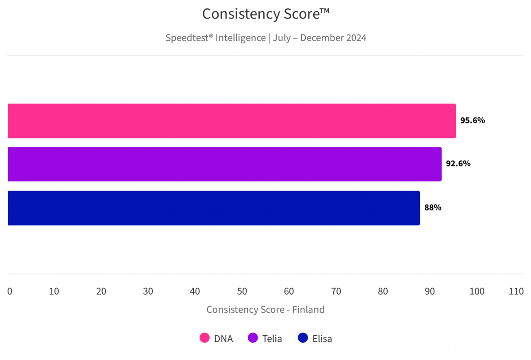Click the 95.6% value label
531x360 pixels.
(x=473, y=120)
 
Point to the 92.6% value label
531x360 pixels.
(x=458, y=164)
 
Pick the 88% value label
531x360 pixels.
(x=433, y=207)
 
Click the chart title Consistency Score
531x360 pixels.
(x=266, y=14)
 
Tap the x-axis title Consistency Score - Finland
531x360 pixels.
(x=265, y=310)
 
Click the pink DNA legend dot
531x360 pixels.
(x=204, y=339)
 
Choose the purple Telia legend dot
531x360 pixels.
(x=253, y=339)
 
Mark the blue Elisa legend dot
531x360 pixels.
(x=303, y=339)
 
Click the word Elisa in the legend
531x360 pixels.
(x=322, y=339)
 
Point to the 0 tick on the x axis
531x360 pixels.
(x=10, y=291)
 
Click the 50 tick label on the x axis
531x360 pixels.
(x=242, y=291)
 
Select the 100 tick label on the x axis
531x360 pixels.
(x=477, y=291)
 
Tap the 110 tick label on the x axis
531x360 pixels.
(x=516, y=291)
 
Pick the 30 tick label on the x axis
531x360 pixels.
(x=148, y=291)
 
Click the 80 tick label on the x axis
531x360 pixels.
(x=383, y=291)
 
